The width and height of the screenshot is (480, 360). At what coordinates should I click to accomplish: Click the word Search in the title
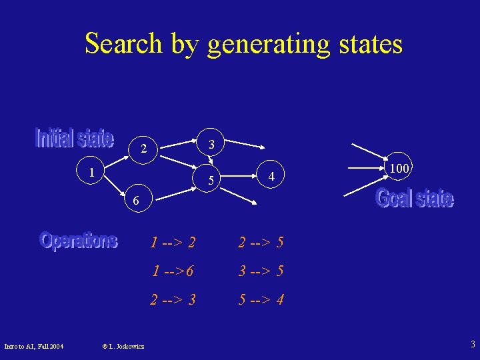(123, 44)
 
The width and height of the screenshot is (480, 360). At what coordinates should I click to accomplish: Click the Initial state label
(74, 137)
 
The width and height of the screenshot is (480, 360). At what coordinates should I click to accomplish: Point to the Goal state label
(415, 198)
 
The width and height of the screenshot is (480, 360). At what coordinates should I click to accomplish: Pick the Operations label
(79, 240)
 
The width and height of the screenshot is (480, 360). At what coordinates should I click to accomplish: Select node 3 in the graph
(211, 145)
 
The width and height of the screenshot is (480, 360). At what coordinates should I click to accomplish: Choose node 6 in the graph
(135, 200)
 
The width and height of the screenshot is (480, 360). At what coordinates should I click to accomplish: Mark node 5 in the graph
(211, 180)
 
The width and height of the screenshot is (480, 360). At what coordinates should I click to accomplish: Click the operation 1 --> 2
(173, 243)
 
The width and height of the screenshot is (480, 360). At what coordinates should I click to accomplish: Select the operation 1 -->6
(173, 271)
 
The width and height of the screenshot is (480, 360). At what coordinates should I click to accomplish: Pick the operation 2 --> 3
(173, 300)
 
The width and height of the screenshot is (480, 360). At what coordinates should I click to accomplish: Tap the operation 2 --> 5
(261, 243)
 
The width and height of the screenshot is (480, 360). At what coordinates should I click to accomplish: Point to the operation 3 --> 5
(261, 271)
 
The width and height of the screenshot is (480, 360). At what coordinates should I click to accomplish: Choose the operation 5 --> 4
(261, 300)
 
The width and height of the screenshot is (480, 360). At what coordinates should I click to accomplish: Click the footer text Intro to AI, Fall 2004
(34, 345)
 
